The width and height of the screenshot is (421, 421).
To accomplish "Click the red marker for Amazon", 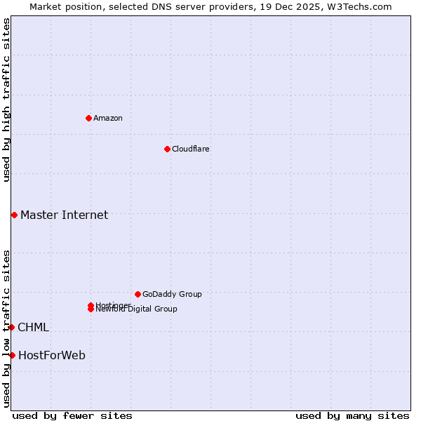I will pyautogui.click(x=88, y=118).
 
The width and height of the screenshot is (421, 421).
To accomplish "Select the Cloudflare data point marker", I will pyautogui.click(x=167, y=149).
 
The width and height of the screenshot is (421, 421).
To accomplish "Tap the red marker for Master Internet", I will pyautogui.click(x=14, y=215).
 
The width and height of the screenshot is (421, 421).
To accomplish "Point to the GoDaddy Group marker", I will pyautogui.click(x=138, y=294).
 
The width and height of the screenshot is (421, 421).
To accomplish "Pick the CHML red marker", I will pyautogui.click(x=11, y=327).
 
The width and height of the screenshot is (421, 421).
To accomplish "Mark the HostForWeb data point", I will pyautogui.click(x=12, y=355).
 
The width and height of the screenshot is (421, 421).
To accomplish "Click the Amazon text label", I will pyautogui.click(x=108, y=118).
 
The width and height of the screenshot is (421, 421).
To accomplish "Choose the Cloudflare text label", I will pyautogui.click(x=191, y=149).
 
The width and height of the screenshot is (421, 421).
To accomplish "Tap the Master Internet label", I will pyautogui.click(x=64, y=215).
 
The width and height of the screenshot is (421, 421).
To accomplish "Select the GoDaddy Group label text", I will pyautogui.click(x=172, y=294).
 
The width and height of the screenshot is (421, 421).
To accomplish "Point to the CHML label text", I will pyautogui.click(x=33, y=327).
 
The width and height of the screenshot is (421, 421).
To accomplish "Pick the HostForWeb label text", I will pyautogui.click(x=52, y=355).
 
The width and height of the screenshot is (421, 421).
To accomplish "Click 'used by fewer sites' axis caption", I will pyautogui.click(x=72, y=415).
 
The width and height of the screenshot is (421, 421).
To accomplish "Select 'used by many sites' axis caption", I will pyautogui.click(x=352, y=415).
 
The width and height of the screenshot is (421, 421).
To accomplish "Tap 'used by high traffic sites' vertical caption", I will pyautogui.click(x=6, y=100).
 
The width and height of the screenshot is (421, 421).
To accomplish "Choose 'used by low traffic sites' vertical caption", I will pyautogui.click(x=6, y=328).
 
